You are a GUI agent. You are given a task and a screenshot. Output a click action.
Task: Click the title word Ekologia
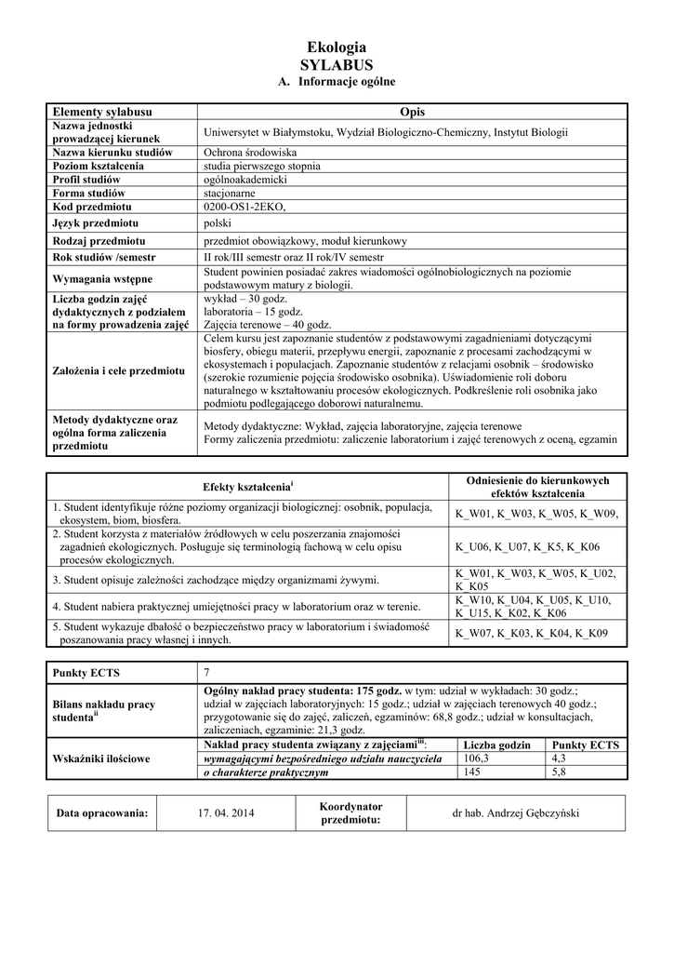(337, 47)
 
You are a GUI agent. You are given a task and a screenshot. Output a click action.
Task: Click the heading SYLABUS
(337, 65)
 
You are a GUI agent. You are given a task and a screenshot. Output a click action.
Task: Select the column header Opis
(411, 112)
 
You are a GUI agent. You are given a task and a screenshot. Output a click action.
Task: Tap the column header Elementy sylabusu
(102, 112)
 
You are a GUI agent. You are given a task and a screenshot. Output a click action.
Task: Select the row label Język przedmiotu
(96, 223)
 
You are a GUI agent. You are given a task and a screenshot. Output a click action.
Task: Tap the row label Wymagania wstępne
(103, 278)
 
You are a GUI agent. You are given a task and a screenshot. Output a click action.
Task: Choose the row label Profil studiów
(86, 179)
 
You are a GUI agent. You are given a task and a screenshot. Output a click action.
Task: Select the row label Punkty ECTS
(86, 672)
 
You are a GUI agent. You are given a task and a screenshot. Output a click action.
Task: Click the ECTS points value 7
(207, 672)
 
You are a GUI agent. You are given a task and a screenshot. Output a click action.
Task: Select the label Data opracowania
(102, 812)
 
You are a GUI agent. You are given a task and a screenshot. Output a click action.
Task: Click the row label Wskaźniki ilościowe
(101, 758)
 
